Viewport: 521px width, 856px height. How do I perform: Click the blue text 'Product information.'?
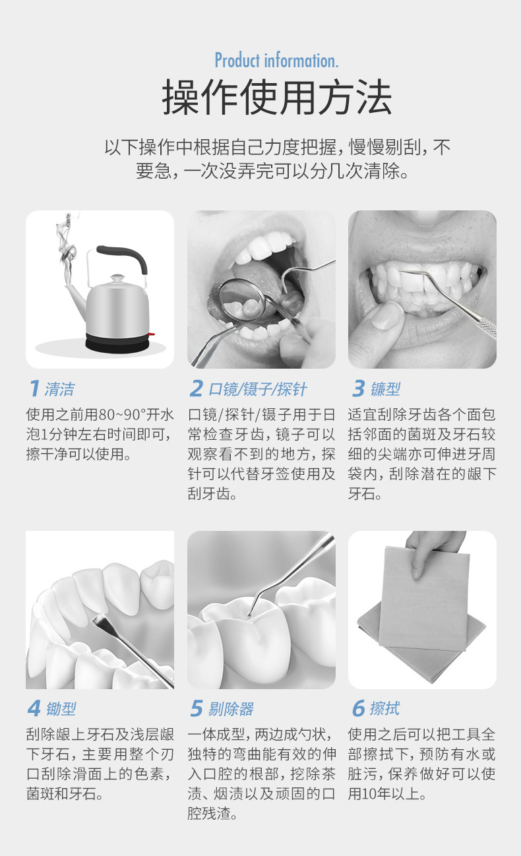(276, 61)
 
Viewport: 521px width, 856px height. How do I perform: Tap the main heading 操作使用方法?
(277, 98)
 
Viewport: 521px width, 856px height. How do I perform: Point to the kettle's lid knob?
(117, 279)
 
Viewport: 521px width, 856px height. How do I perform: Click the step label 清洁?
(59, 389)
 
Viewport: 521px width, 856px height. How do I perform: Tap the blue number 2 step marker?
(195, 389)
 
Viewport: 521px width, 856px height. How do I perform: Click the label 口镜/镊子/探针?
(258, 389)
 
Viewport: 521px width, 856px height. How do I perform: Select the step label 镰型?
(385, 389)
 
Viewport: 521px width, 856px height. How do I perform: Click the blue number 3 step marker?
(358, 389)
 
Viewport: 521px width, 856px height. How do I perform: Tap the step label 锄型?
(61, 709)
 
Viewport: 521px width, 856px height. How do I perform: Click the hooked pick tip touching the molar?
(250, 615)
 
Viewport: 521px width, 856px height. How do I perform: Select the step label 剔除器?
(231, 709)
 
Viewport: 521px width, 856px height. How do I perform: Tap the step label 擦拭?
(384, 709)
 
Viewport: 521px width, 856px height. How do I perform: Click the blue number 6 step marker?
(358, 709)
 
